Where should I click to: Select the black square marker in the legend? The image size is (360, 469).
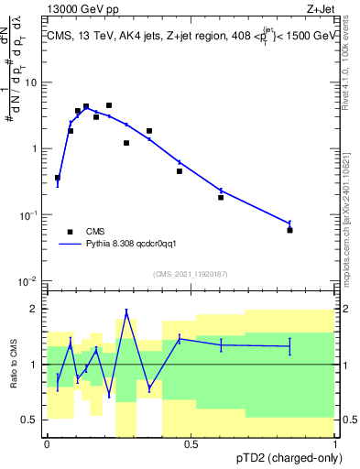70,232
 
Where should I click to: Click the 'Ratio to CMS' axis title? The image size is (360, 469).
14,364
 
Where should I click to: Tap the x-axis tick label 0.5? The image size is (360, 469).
191,443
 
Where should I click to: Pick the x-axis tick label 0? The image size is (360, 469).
47,443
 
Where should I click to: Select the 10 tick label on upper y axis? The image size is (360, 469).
31,82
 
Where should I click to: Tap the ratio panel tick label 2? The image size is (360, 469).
36,309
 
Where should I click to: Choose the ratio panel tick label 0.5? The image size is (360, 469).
31,420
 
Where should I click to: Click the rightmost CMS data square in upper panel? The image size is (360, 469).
289,230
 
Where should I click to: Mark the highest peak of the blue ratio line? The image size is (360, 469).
126,311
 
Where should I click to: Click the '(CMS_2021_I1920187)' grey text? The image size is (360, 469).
191,273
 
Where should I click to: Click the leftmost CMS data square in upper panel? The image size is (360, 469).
58,178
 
